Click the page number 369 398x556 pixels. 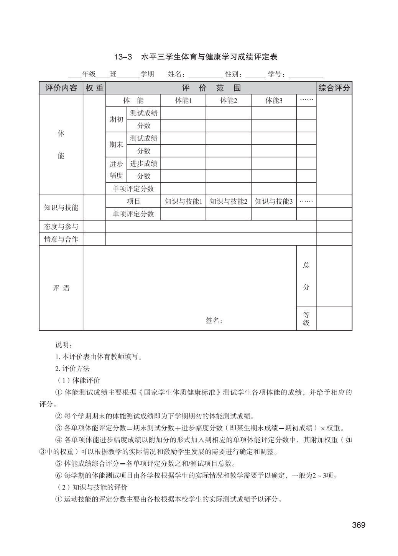coord(359,525)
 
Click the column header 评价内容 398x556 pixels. coord(61,88)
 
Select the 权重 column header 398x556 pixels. coord(94,88)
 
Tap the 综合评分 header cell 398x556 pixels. coord(334,88)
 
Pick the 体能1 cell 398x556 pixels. coord(183,101)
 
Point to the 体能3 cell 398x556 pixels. coord(274,101)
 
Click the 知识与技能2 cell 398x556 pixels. coord(229,201)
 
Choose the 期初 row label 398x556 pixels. coord(116,119)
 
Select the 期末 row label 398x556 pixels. coord(116,145)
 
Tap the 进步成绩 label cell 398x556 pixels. coord(143,164)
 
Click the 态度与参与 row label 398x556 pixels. coord(61,227)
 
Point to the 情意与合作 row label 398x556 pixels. coord(61,239)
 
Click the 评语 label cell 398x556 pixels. coord(61,288)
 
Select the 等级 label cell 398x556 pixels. coord(306,319)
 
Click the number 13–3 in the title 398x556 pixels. coord(123,57)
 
